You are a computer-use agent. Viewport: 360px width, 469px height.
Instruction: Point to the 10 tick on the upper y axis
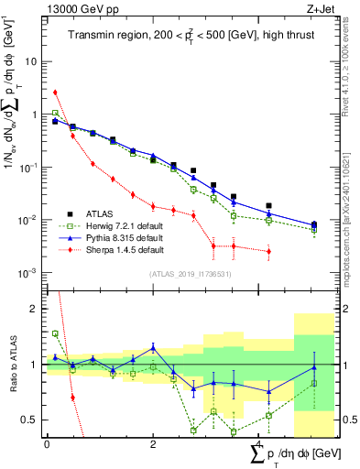[35, 61]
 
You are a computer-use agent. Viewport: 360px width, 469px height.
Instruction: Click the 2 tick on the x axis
[153, 443]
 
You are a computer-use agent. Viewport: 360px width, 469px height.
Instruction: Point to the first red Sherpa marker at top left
[56, 92]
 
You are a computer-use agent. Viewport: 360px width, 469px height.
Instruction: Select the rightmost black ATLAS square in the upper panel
[314, 224]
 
